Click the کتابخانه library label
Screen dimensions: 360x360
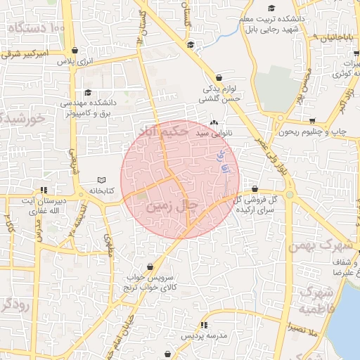(x=101, y=191)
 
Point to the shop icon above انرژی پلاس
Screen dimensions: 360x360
(x=75, y=51)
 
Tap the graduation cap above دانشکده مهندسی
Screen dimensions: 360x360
(x=88, y=92)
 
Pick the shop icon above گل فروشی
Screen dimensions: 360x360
(x=254, y=188)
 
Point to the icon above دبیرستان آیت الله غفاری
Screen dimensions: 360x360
(x=44, y=189)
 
